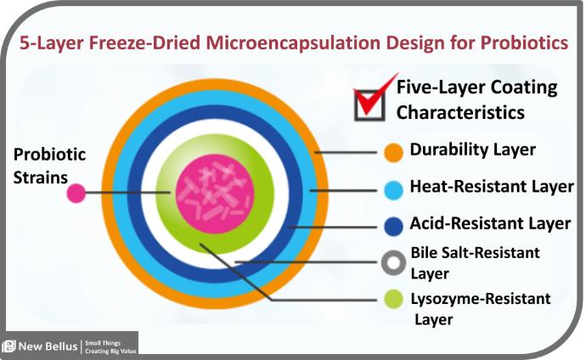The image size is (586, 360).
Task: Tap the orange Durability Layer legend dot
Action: coord(393,152)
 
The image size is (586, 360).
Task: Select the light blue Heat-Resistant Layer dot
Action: coord(393,190)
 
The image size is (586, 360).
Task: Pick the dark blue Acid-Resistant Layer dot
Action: coord(393,227)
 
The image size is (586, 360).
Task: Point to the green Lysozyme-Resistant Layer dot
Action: coord(393,299)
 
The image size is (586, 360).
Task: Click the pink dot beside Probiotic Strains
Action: coord(76,194)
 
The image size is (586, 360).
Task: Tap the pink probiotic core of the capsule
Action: coord(215,194)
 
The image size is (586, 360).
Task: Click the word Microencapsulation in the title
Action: coord(293,43)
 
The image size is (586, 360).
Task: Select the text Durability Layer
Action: coord(473,149)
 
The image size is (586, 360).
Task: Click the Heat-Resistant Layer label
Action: coord(492,186)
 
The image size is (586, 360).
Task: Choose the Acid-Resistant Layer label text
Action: coord(490,223)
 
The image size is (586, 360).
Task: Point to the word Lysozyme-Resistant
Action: coord(481,299)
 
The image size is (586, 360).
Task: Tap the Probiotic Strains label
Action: coord(49,166)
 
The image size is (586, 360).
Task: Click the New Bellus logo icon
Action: coord(8,346)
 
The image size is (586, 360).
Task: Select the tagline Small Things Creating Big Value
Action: coord(110,347)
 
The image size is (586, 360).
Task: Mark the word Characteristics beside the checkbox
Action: coord(460,112)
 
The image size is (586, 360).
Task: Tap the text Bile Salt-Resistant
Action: coord(476,253)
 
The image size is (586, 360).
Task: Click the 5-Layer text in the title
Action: coord(51,43)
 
